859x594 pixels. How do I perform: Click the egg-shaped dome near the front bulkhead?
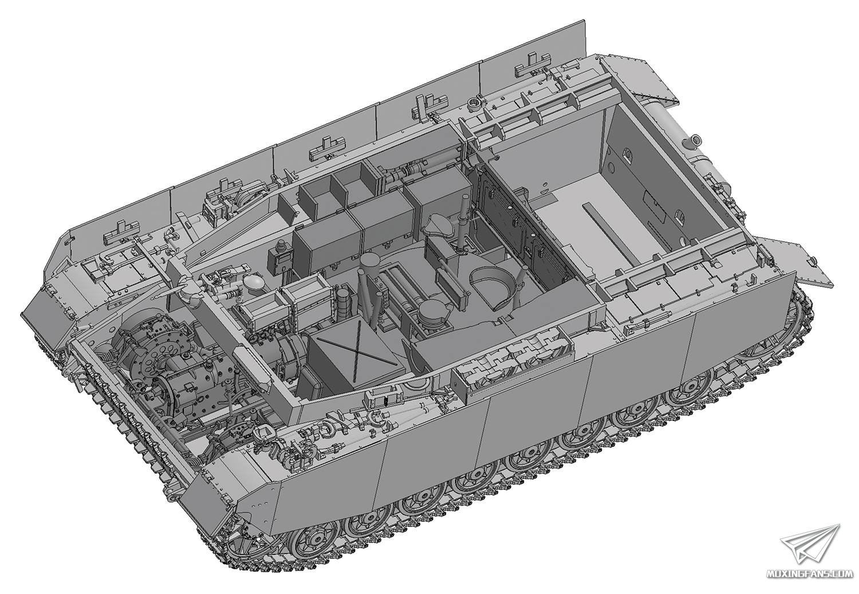point(253,282)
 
